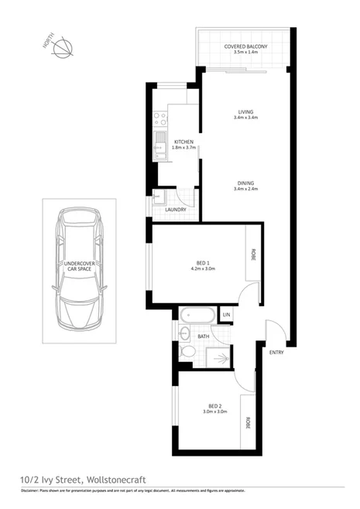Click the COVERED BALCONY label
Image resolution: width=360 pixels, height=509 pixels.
(245, 47)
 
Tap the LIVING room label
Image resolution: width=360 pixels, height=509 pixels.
(245, 113)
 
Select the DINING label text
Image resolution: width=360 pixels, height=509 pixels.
(245, 183)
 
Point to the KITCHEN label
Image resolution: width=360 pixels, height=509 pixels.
(183, 142)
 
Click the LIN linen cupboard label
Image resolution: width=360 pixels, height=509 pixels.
(227, 316)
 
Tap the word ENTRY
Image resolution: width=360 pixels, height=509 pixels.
(276, 353)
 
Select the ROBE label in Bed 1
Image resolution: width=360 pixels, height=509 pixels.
(252, 252)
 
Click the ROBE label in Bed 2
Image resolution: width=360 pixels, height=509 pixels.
(248, 423)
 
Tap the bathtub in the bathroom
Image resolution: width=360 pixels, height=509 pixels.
(198, 316)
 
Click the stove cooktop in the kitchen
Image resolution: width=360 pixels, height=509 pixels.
(162, 119)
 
